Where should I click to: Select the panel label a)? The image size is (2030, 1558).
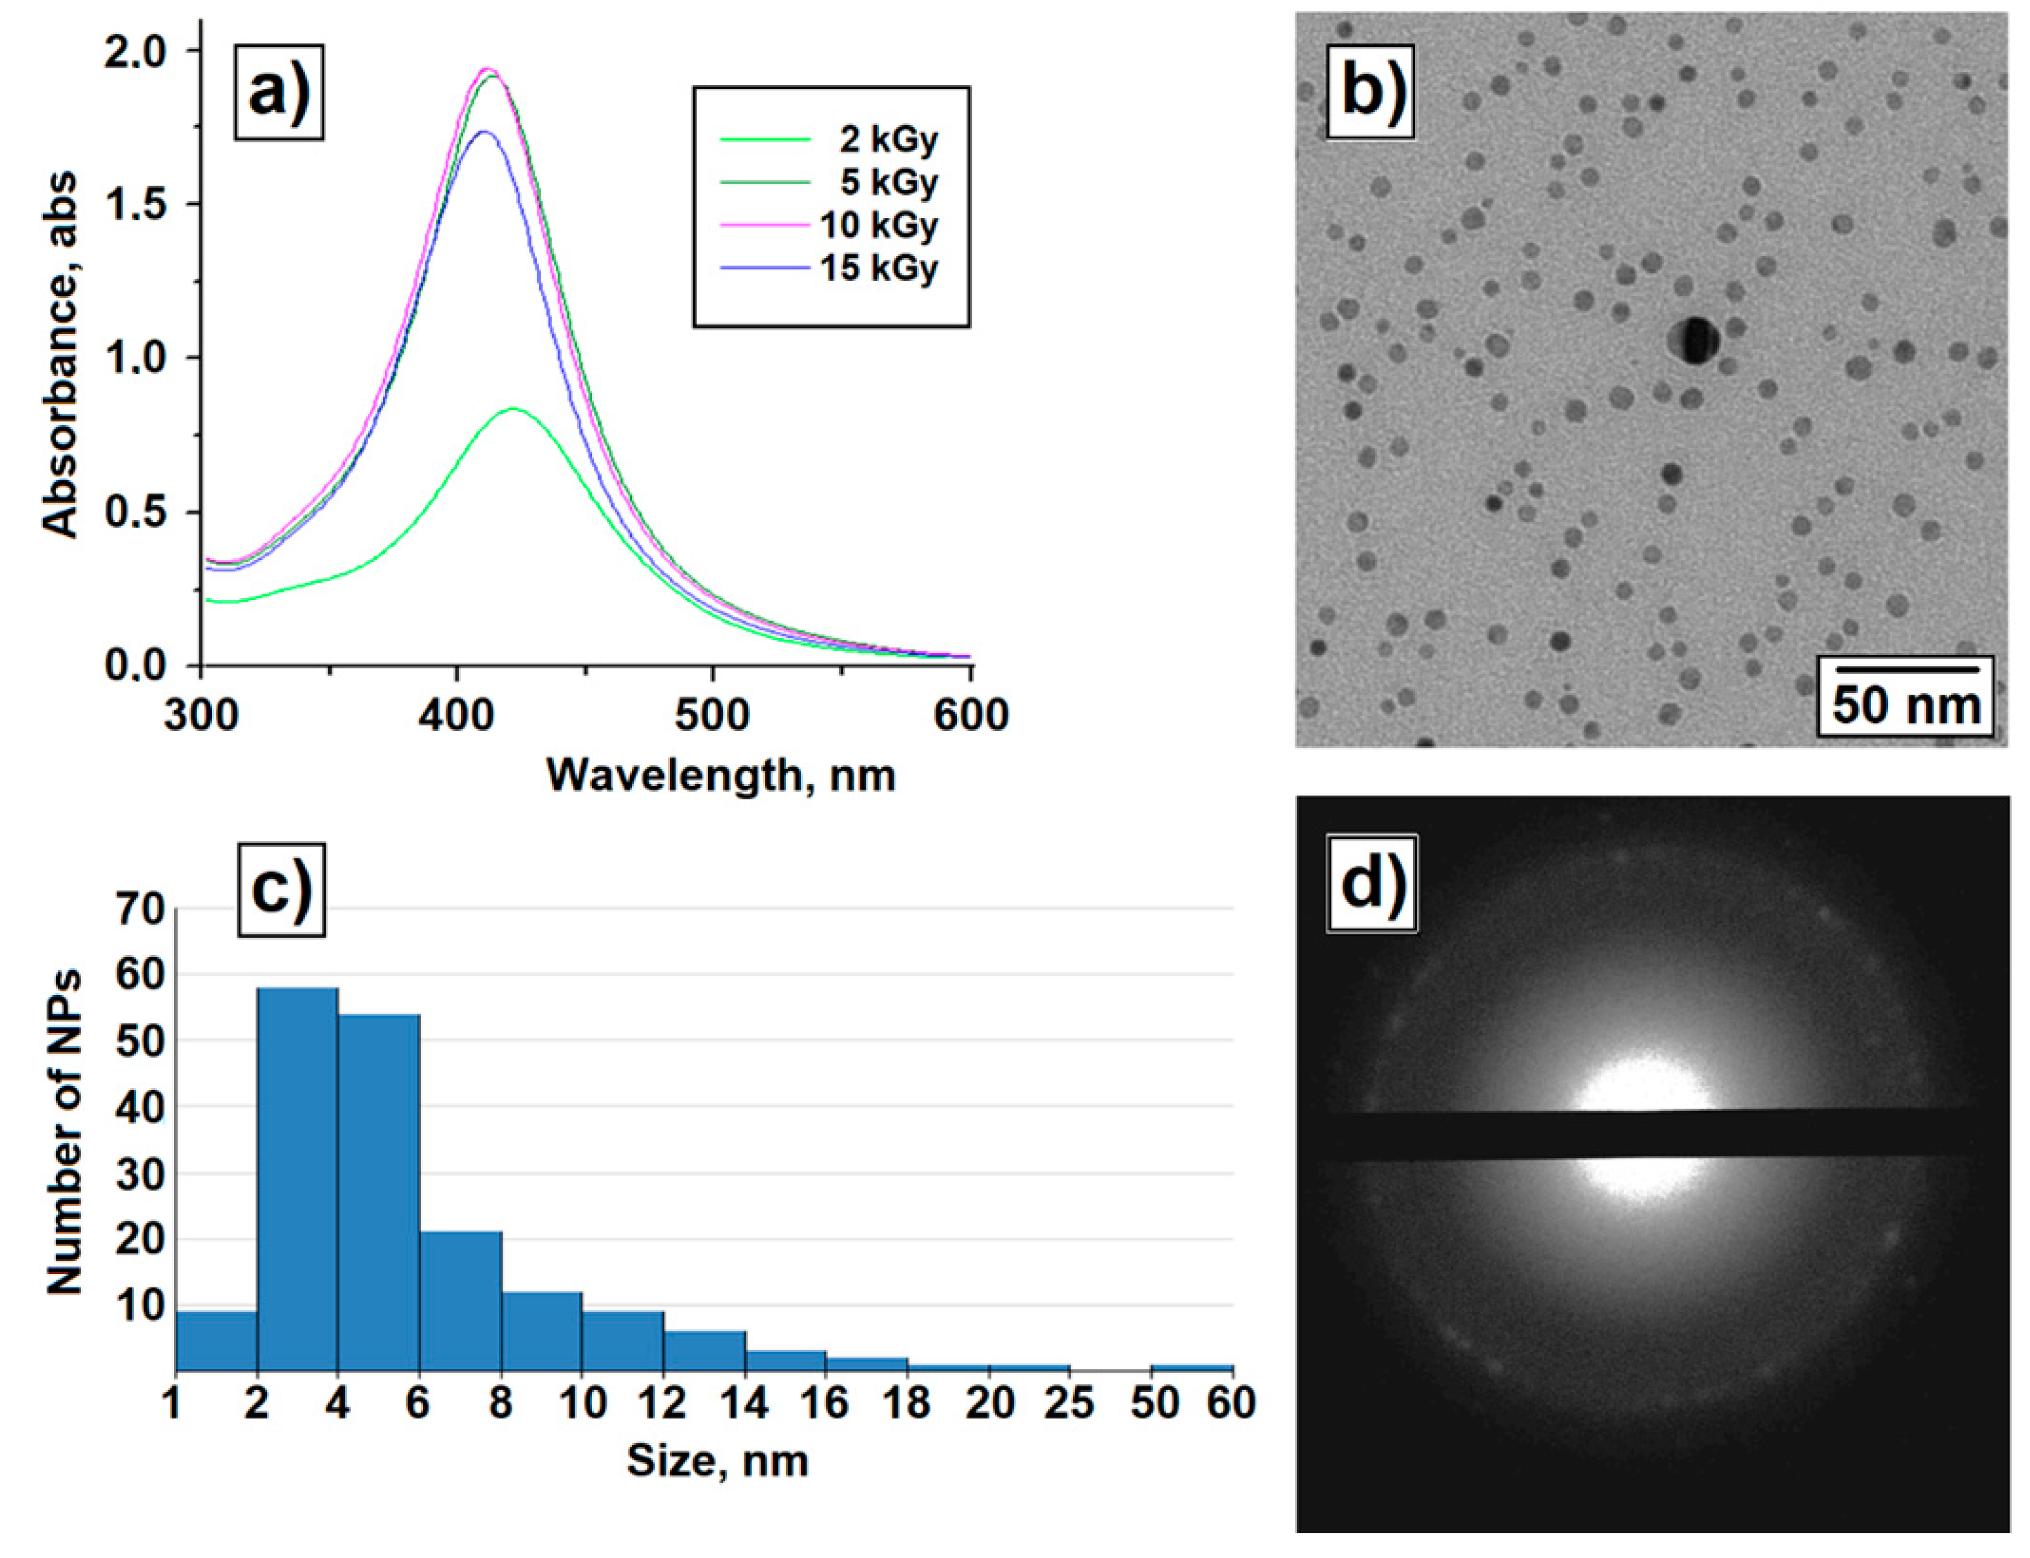coord(278,93)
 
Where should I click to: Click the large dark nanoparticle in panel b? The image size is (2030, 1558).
coord(1693,340)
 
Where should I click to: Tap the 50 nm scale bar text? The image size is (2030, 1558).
coord(1905,705)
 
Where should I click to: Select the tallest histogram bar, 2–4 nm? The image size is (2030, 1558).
coord(297,1178)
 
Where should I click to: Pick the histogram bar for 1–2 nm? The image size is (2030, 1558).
coord(215,1339)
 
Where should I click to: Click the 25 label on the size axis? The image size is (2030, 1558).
coord(1069,1403)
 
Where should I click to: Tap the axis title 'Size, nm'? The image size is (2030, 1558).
coord(717,1461)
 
